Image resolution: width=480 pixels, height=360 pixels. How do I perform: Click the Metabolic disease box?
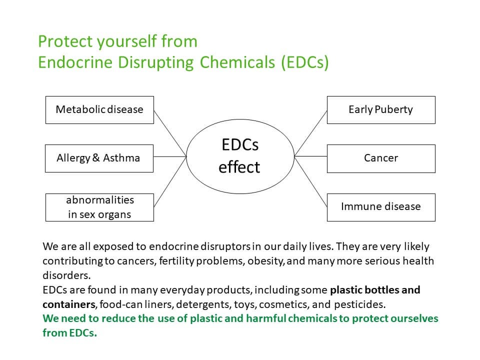(x=99, y=110)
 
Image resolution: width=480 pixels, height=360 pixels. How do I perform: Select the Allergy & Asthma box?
(x=99, y=158)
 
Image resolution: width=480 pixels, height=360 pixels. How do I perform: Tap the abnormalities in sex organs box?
(x=99, y=207)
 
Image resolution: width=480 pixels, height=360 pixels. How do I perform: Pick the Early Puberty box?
(x=381, y=110)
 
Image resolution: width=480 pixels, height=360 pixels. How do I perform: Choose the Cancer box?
(x=381, y=158)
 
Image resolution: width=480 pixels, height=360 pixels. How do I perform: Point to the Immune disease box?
(x=381, y=207)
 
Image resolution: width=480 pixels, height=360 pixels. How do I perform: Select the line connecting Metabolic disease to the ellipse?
(x=170, y=133)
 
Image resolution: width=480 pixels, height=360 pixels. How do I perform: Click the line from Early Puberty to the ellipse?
(x=310, y=133)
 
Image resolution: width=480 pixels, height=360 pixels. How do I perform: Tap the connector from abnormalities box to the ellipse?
(x=170, y=182)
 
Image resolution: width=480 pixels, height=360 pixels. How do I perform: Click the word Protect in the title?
(x=65, y=41)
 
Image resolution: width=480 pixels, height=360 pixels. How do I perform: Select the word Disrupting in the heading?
(x=156, y=63)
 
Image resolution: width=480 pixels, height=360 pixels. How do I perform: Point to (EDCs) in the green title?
(x=305, y=62)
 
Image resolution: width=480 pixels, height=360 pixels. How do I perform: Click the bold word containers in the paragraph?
(x=69, y=304)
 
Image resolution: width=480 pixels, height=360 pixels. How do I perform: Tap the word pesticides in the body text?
(x=359, y=304)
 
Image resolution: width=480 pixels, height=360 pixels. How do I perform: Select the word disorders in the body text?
(x=66, y=275)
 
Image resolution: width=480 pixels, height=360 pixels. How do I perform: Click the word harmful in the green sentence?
(x=265, y=318)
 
